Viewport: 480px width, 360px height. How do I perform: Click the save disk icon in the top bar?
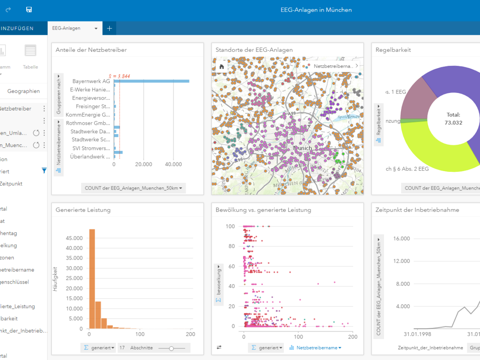(29, 9)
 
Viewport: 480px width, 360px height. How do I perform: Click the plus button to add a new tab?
(109, 28)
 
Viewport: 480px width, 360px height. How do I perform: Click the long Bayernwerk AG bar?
(151, 81)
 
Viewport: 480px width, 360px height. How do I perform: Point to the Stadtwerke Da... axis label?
(90, 131)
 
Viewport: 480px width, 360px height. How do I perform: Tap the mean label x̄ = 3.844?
(119, 76)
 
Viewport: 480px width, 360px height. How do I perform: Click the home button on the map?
(222, 66)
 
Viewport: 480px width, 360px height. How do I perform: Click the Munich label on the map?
(302, 148)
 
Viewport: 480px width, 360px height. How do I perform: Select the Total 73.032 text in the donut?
(453, 119)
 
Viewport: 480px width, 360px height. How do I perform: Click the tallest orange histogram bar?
(92, 279)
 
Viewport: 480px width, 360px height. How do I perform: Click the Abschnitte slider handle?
(171, 348)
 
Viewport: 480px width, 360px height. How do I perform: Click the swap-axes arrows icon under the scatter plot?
(219, 348)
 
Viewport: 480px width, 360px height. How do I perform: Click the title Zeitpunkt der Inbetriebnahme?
(417, 210)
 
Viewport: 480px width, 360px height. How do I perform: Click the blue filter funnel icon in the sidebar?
(44, 171)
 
